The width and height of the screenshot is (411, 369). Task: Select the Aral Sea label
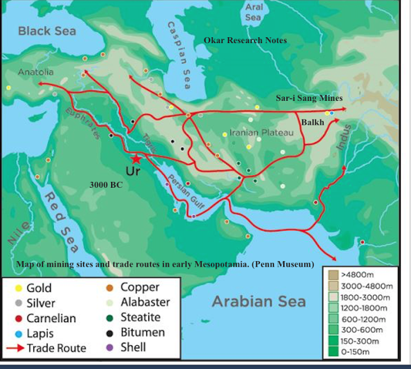[x=254, y=12]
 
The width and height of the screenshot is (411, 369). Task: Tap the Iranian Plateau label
[x=261, y=132]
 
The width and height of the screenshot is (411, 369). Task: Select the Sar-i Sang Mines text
[x=309, y=98]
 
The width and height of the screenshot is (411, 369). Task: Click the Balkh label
[x=313, y=122]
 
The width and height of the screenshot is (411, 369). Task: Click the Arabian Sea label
[x=259, y=301]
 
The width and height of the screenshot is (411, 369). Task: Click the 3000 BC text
[x=106, y=184]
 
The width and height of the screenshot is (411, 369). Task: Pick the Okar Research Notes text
[x=245, y=40]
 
